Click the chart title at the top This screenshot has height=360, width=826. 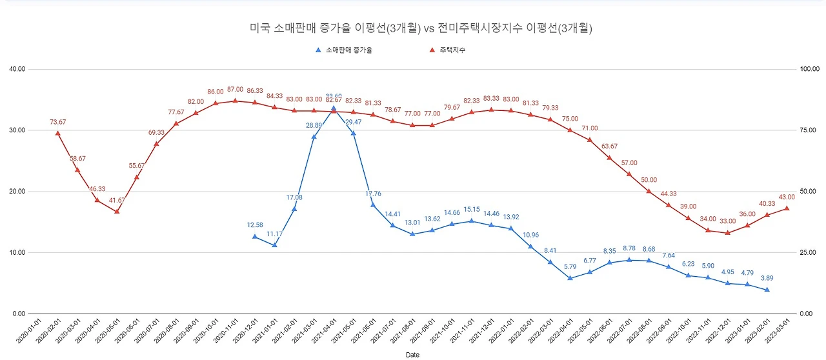421,28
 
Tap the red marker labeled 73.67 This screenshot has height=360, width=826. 58,134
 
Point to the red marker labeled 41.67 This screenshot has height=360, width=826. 117,211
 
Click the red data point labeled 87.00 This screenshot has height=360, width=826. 235,101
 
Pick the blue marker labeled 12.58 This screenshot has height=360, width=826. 255,237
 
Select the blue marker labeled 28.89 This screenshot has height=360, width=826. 314,137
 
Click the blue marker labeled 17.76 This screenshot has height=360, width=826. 373,205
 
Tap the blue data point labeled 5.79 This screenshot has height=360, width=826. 570,278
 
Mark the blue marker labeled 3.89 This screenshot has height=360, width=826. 767,290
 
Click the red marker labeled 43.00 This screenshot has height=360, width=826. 786,208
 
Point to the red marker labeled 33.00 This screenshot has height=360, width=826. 727,233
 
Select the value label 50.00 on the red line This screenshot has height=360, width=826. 649,180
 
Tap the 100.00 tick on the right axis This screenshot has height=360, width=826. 809,69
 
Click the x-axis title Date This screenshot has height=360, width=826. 412,355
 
